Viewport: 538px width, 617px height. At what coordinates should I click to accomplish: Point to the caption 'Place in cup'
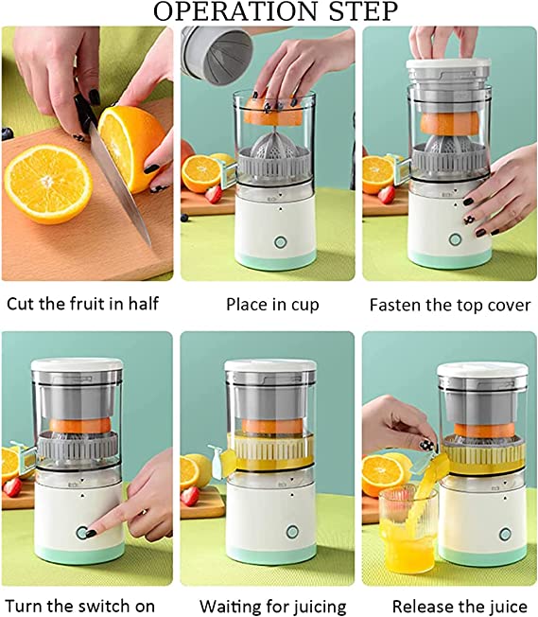click(272, 305)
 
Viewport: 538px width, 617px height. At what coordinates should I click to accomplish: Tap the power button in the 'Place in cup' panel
click(280, 241)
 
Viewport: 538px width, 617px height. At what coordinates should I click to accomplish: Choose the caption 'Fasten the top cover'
click(449, 305)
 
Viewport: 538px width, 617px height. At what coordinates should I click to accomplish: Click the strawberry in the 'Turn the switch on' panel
click(11, 486)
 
